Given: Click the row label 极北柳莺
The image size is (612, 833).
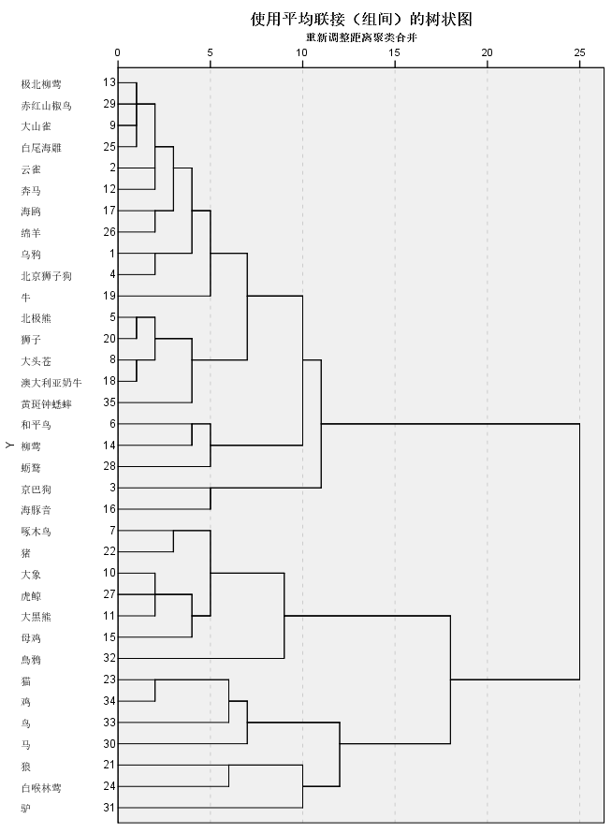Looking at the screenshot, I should [x=41, y=84].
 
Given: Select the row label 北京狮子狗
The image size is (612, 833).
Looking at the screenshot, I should [x=47, y=276].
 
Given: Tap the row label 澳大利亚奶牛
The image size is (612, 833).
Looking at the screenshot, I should [x=51, y=382].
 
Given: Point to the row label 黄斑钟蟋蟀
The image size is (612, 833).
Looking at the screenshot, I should [x=47, y=403].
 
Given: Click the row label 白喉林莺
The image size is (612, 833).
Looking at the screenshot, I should [x=41, y=786].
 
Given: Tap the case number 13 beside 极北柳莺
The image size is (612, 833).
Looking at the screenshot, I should [x=109, y=83].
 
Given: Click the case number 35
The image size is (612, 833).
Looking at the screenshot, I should [x=109, y=402].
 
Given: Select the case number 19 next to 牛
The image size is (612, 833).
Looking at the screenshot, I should [x=109, y=296].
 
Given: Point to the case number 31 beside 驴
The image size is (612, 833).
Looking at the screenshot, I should [x=109, y=807].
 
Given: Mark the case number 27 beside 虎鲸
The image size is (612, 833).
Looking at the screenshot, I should [x=109, y=594].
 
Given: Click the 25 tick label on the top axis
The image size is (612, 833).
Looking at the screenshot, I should [x=579, y=51].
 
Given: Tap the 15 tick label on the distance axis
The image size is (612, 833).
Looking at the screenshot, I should [x=394, y=51].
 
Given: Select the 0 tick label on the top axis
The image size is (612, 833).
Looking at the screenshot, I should [x=118, y=51].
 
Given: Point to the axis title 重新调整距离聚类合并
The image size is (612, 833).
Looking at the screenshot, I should [x=360, y=37].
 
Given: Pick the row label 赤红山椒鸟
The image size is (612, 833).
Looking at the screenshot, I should [x=47, y=105].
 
